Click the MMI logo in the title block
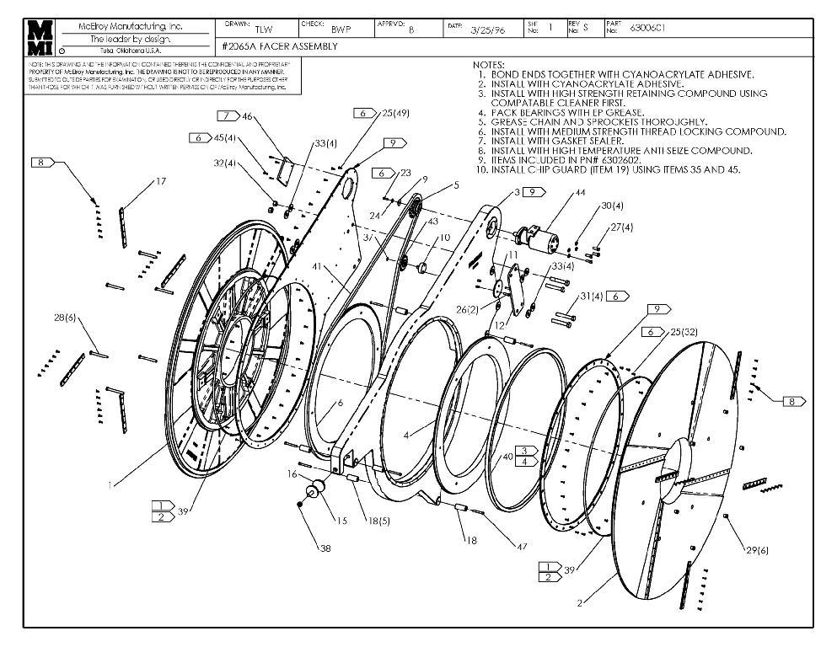tap(40, 39)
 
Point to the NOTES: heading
tap(489, 65)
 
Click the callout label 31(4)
tap(592, 296)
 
